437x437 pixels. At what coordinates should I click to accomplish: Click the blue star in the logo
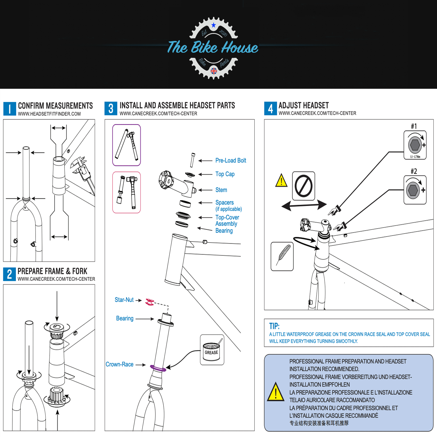[x=214, y=25]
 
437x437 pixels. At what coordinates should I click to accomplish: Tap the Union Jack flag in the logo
[x=214, y=71]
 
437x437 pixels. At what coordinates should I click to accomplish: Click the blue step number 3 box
[x=111, y=108]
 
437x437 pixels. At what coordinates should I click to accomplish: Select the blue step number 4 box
[x=270, y=108]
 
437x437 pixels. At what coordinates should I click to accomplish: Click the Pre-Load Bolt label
[x=231, y=161]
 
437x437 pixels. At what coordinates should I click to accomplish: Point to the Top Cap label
[x=225, y=174]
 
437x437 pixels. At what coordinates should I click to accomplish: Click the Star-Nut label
[x=124, y=300]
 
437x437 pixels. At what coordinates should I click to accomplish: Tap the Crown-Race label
[x=120, y=364]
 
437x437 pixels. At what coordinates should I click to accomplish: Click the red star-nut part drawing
[x=150, y=302]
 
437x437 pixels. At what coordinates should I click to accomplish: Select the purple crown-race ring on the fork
[x=158, y=368]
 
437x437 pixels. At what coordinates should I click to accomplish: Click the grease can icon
[x=212, y=350]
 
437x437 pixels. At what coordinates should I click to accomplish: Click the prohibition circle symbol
[x=303, y=186]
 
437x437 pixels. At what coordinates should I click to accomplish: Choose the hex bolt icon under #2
[x=413, y=190]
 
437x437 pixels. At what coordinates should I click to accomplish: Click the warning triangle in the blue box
[x=276, y=392]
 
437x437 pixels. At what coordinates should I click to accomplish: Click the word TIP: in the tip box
[x=274, y=326]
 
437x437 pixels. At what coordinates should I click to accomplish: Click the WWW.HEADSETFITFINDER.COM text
[x=49, y=114]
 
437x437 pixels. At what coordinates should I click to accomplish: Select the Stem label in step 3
[x=221, y=190]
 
